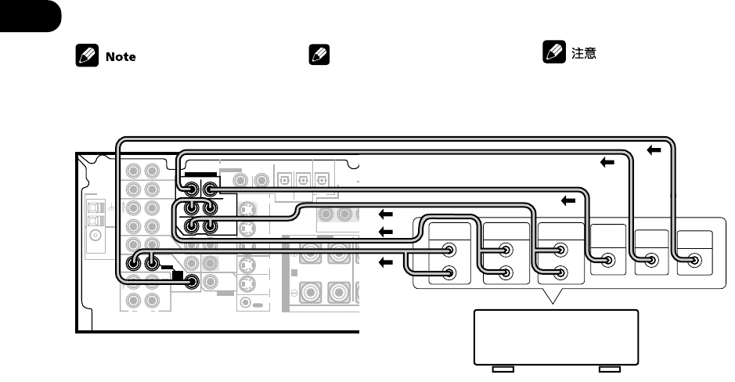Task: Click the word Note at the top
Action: pos(120,57)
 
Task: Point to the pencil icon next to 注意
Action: pos(551,55)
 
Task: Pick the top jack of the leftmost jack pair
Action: pos(449,251)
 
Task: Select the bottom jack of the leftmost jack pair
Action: pos(449,273)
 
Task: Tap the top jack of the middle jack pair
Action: pos(506,251)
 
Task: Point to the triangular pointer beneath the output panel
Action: pos(556,297)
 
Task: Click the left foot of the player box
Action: pos(502,368)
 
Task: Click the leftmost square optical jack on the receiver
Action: pos(283,180)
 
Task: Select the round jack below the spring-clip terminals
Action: pos(95,235)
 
